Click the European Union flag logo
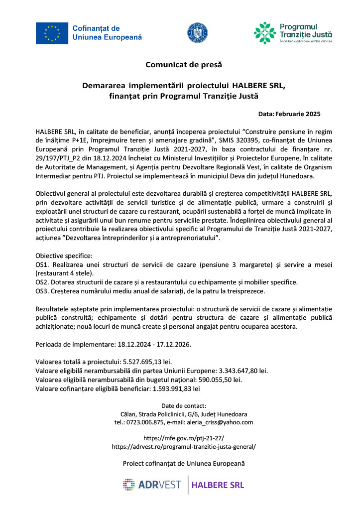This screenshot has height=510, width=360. point(52,33)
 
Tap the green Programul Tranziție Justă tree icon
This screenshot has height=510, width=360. point(264,33)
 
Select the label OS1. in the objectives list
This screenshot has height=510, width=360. point(42,264)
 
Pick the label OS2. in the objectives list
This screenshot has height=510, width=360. point(42,282)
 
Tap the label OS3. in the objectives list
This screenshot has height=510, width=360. point(42,291)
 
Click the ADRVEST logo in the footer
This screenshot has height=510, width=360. point(152,485)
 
